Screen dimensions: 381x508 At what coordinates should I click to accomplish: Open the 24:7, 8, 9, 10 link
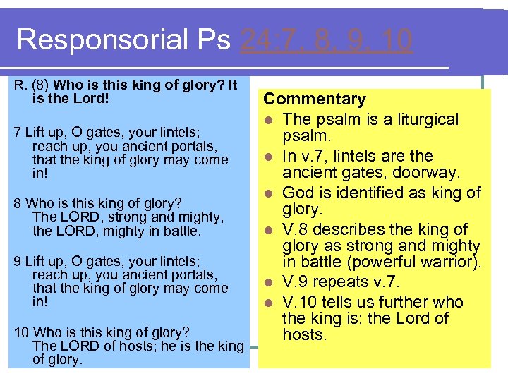coord(326,40)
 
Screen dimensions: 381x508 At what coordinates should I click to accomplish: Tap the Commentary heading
coord(315,99)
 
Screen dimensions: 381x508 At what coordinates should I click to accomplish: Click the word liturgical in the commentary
coord(425,119)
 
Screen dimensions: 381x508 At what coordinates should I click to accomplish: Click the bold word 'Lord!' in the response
coord(92,98)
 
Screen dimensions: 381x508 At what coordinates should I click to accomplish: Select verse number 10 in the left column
coord(21,332)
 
